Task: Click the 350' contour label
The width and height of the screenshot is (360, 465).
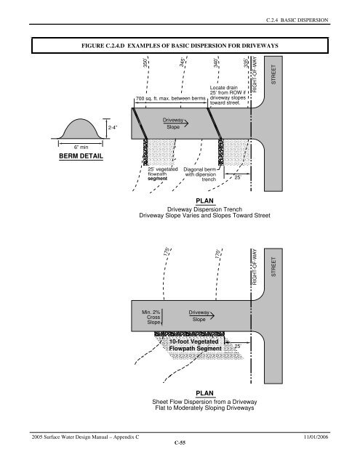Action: pyautogui.click(x=145, y=63)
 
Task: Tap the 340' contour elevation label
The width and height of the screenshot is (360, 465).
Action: pyautogui.click(x=216, y=63)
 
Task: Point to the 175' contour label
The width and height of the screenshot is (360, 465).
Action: pyautogui.click(x=167, y=251)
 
